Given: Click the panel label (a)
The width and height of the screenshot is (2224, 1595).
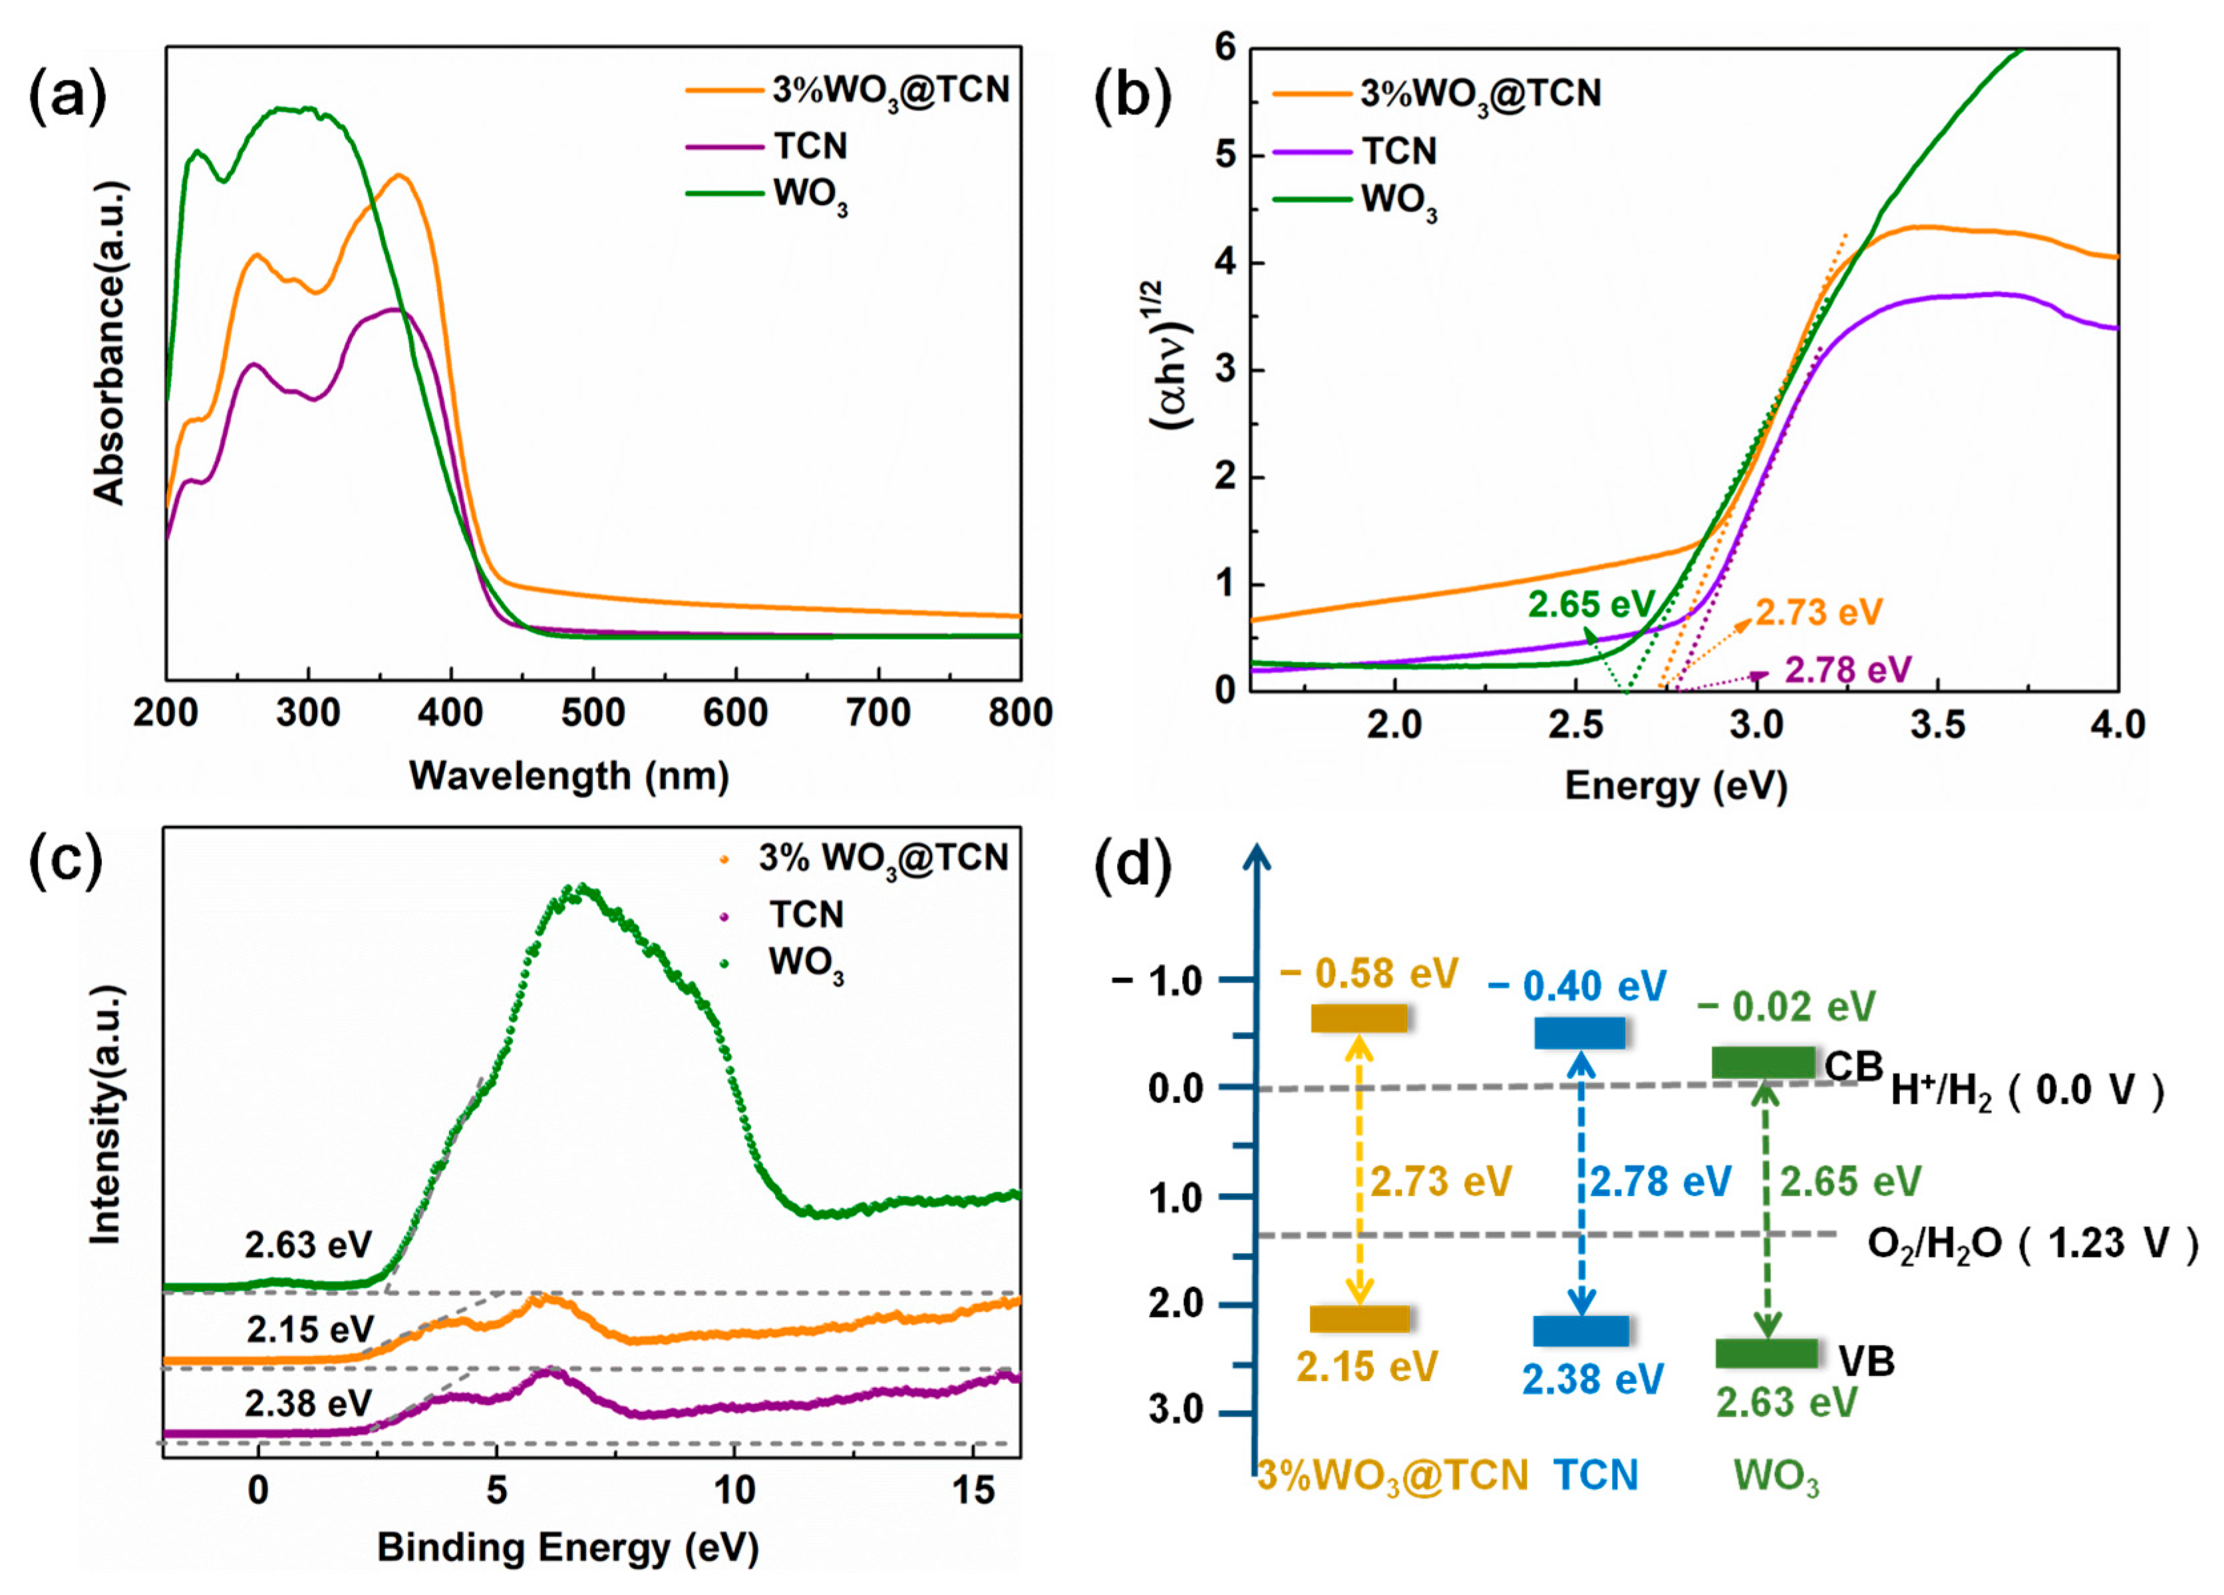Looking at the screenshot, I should click(x=67, y=98).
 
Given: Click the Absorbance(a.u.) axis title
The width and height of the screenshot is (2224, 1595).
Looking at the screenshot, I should click(x=110, y=343).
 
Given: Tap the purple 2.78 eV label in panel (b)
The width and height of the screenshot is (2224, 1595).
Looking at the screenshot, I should click(x=1847, y=670).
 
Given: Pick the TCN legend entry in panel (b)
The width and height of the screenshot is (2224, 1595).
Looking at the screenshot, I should click(x=1397, y=151).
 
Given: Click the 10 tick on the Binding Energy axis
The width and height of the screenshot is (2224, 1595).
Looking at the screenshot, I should click(x=734, y=1491).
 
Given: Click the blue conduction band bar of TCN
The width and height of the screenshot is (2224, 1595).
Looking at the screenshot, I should click(x=1579, y=1033).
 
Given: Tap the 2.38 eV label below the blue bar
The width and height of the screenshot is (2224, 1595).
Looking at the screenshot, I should click(x=1593, y=1379).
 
